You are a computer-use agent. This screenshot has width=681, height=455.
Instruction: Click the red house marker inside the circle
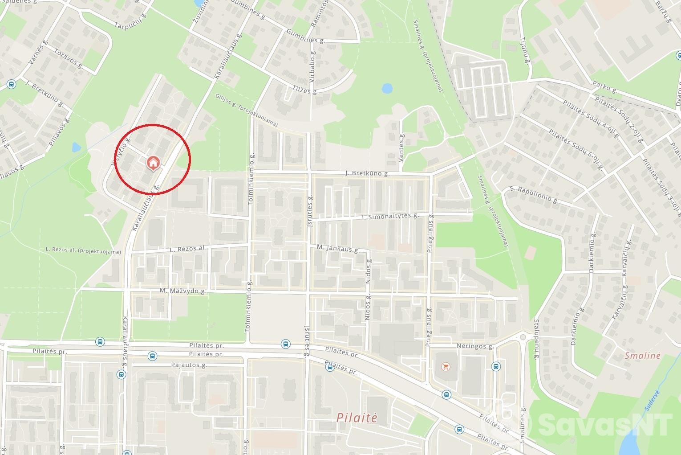[153, 163]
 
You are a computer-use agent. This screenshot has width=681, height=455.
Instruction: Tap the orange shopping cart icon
[445, 367]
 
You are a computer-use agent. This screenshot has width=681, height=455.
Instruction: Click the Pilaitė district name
[357, 418]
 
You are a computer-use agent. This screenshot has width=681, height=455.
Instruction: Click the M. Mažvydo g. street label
[183, 291]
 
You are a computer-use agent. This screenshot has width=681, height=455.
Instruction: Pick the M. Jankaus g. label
[338, 248]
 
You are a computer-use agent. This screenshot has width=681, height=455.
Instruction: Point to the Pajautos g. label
[189, 365]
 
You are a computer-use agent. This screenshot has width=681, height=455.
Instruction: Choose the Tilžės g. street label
[305, 90]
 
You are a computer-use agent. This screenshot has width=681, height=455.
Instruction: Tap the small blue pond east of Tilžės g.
[387, 88]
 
